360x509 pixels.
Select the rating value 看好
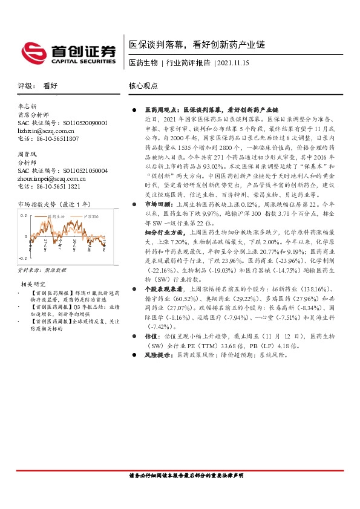coord(50,86)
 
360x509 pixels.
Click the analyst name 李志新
coord(28,106)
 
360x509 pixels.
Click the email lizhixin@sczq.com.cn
coord(46,130)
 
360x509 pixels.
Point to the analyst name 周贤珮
coord(28,155)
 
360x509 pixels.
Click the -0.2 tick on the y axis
coord(22,257)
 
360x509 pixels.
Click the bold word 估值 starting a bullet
coord(151,336)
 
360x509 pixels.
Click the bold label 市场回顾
coord(158,222)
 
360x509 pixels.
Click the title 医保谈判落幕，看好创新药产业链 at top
coord(197,45)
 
